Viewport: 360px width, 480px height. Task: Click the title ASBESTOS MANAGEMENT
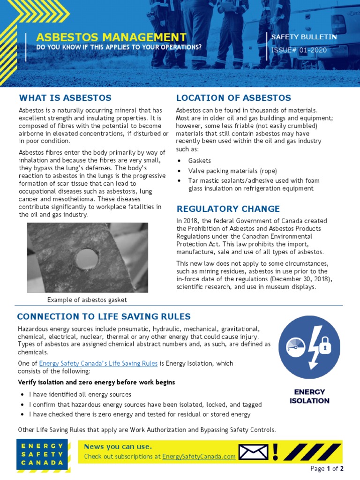click(x=111, y=37)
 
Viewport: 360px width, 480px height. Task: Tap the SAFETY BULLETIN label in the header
click(x=304, y=37)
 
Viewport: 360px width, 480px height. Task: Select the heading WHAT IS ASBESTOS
click(x=65, y=98)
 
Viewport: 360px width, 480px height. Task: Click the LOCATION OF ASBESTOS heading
click(x=233, y=98)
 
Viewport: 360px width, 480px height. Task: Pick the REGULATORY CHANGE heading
click(x=228, y=209)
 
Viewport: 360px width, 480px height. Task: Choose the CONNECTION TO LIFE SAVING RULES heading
click(x=104, y=317)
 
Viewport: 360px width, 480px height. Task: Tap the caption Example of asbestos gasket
click(x=87, y=300)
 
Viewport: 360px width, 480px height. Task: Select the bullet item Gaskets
click(x=200, y=161)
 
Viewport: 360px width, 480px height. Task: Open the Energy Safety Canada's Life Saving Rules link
click(x=98, y=363)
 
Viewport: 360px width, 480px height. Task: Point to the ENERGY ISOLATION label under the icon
click(x=309, y=396)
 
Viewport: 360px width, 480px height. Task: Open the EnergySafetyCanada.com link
click(x=199, y=457)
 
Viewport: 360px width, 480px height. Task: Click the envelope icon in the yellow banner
click(x=253, y=452)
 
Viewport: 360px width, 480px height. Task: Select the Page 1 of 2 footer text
click(x=327, y=469)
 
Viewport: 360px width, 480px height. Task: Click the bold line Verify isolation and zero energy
click(x=96, y=382)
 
